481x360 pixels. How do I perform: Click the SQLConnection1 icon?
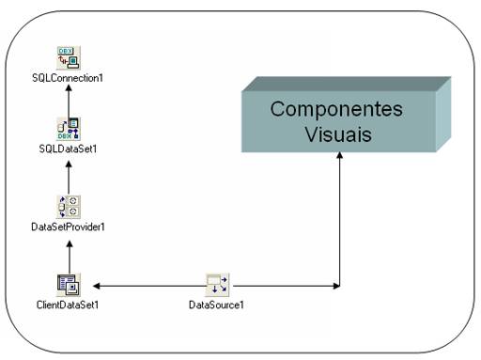[67, 56]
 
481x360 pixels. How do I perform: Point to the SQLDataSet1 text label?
[68, 149]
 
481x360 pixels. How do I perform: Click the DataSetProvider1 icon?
[68, 206]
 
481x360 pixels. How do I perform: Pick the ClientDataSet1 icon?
[68, 283]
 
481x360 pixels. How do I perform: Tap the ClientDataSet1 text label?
[68, 305]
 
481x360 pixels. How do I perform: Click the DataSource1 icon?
[217, 284]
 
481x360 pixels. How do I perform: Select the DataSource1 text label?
[217, 305]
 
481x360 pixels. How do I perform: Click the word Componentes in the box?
[336, 109]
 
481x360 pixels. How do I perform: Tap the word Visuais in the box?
[338, 134]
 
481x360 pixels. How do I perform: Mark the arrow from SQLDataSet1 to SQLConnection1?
[68, 102]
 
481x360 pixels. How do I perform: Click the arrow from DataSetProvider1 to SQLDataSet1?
[68, 177]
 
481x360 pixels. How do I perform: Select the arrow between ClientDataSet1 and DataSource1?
[146, 285]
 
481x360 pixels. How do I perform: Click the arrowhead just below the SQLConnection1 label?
[68, 91]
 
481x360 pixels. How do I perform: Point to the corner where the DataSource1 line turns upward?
[339, 285]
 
